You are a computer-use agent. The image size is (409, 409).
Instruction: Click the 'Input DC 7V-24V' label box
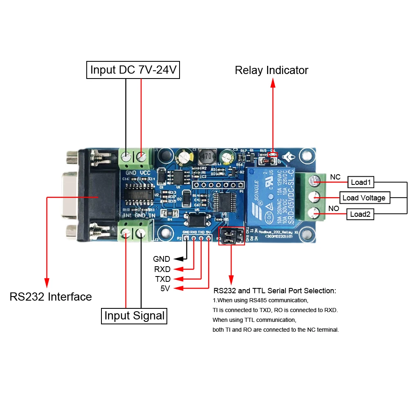click(x=133, y=70)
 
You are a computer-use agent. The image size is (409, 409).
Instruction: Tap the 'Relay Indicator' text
click(x=271, y=70)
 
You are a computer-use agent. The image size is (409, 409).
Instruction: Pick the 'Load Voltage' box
click(x=364, y=198)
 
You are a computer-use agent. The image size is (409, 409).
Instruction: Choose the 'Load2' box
click(x=360, y=214)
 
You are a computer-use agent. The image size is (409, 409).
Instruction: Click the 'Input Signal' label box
click(x=134, y=316)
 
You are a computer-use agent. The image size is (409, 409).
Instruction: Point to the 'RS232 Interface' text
click(x=51, y=297)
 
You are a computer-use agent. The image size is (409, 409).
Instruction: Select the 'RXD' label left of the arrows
click(x=162, y=269)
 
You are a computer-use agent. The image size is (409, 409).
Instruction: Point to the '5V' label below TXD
click(x=166, y=289)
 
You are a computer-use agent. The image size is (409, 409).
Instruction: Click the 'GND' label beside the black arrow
click(x=162, y=259)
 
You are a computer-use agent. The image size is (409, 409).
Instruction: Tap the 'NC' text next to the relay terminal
click(x=335, y=177)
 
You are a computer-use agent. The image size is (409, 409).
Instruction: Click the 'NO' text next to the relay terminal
click(x=334, y=209)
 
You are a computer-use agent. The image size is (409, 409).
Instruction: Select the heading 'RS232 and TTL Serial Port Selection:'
click(x=274, y=291)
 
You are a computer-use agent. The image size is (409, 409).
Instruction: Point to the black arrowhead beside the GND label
click(x=177, y=259)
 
